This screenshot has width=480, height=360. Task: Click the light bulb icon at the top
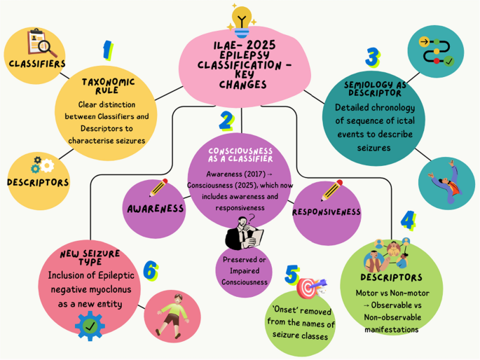pyautogui.click(x=242, y=20)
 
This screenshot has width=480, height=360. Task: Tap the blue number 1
pyautogui.click(x=107, y=50)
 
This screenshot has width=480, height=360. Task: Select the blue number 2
pyautogui.click(x=226, y=120)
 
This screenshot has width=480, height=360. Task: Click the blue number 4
pyautogui.click(x=407, y=221)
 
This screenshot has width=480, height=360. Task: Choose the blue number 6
pyautogui.click(x=149, y=270)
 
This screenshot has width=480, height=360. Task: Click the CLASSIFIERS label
pyautogui.click(x=37, y=64)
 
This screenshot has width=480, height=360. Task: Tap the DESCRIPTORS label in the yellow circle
pyautogui.click(x=38, y=183)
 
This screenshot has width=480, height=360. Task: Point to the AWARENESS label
pyautogui.click(x=156, y=209)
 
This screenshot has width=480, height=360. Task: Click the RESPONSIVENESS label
pyautogui.click(x=326, y=212)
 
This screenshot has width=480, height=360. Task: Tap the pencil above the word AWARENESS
pyautogui.click(x=158, y=188)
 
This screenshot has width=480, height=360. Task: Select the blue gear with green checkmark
pyautogui.click(x=89, y=326)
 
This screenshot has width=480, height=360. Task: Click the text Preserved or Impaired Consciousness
pyautogui.click(x=245, y=272)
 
